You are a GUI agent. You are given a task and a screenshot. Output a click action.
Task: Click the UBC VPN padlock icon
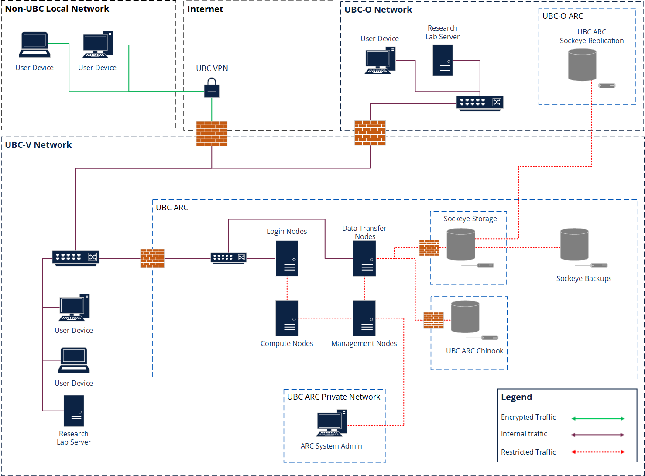coord(212,88)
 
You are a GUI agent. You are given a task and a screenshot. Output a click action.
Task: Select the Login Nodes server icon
coord(287,258)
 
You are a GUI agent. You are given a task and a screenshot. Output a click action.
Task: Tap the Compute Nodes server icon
coord(287,318)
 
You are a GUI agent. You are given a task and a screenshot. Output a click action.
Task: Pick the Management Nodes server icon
coord(364,318)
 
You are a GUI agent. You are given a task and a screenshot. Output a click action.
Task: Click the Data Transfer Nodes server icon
coord(364,258)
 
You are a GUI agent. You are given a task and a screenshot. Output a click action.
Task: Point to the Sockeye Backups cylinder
coord(574,245)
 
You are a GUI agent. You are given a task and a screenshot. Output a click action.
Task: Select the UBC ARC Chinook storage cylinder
coord(465,317)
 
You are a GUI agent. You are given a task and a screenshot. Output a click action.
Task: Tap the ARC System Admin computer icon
coord(332,423)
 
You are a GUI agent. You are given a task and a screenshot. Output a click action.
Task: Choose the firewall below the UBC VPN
coord(212,134)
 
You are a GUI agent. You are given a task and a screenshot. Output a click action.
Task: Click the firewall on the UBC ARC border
coord(152,258)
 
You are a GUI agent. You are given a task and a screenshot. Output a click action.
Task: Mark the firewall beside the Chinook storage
coord(433,320)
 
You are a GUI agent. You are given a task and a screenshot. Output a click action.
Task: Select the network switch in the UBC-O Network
coord(480,103)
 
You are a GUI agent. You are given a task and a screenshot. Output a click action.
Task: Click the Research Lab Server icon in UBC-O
coord(443,61)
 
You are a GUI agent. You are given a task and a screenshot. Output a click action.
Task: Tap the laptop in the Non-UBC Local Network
coord(34,45)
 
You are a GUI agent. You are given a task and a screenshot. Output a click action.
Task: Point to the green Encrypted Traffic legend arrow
coord(598,418)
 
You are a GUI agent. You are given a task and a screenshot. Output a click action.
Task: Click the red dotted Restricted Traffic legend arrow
coord(598,452)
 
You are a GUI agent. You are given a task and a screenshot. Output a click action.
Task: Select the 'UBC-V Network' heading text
coord(38,145)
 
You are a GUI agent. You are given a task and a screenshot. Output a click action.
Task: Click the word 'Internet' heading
coord(205,9)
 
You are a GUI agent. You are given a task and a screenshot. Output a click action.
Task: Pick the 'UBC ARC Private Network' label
coord(333,397)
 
